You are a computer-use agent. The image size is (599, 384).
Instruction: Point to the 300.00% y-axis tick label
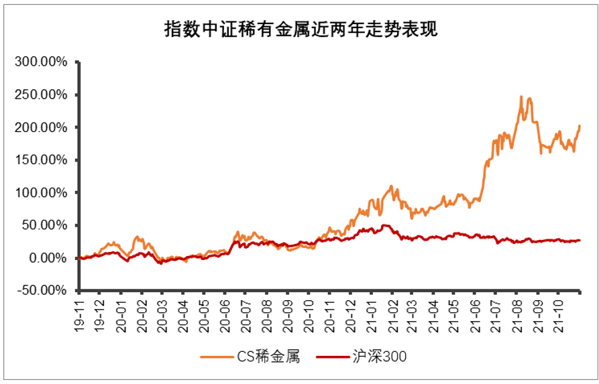tap(41, 62)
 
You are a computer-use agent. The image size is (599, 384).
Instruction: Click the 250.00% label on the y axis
tap(41, 94)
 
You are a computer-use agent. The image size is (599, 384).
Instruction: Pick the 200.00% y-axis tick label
tap(41, 127)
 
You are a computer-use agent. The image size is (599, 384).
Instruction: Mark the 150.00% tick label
tap(41, 160)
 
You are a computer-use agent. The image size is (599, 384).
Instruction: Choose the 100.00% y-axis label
tap(41, 193)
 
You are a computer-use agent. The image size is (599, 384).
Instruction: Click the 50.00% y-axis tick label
tap(44, 225)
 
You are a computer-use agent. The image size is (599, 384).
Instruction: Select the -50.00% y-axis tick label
tap(43, 291)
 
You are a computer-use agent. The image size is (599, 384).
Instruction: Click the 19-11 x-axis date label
tap(79, 312)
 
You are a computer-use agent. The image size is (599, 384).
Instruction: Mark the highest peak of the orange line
tap(521, 97)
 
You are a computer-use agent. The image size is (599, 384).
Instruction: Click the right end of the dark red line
tap(580, 241)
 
